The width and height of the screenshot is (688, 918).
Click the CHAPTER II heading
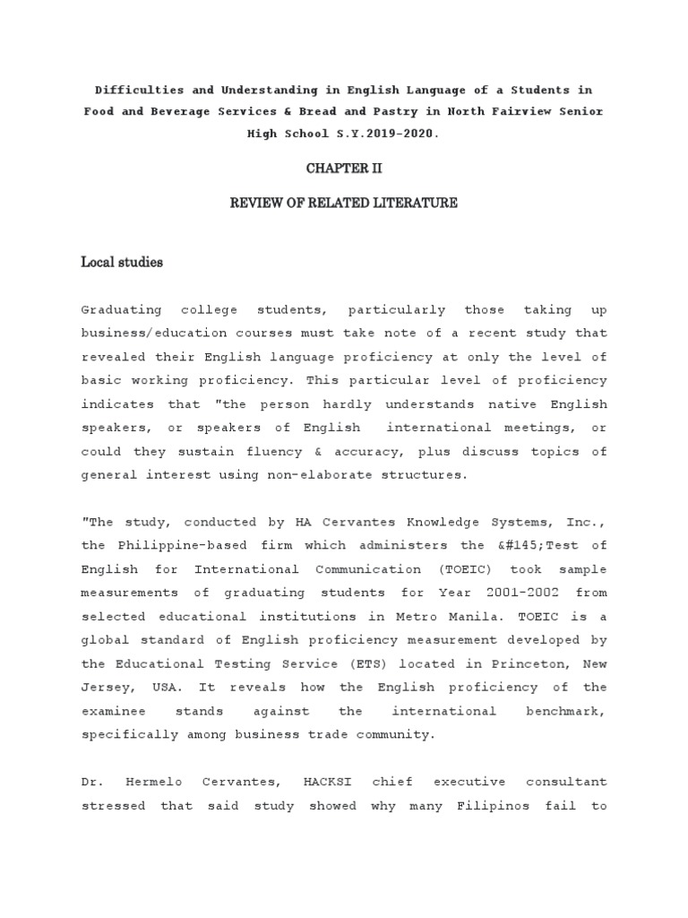(x=344, y=168)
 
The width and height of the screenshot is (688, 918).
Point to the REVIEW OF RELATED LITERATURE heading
(x=344, y=204)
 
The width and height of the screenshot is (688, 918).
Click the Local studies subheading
(x=122, y=263)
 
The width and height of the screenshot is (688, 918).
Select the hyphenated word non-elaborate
(x=326, y=475)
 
